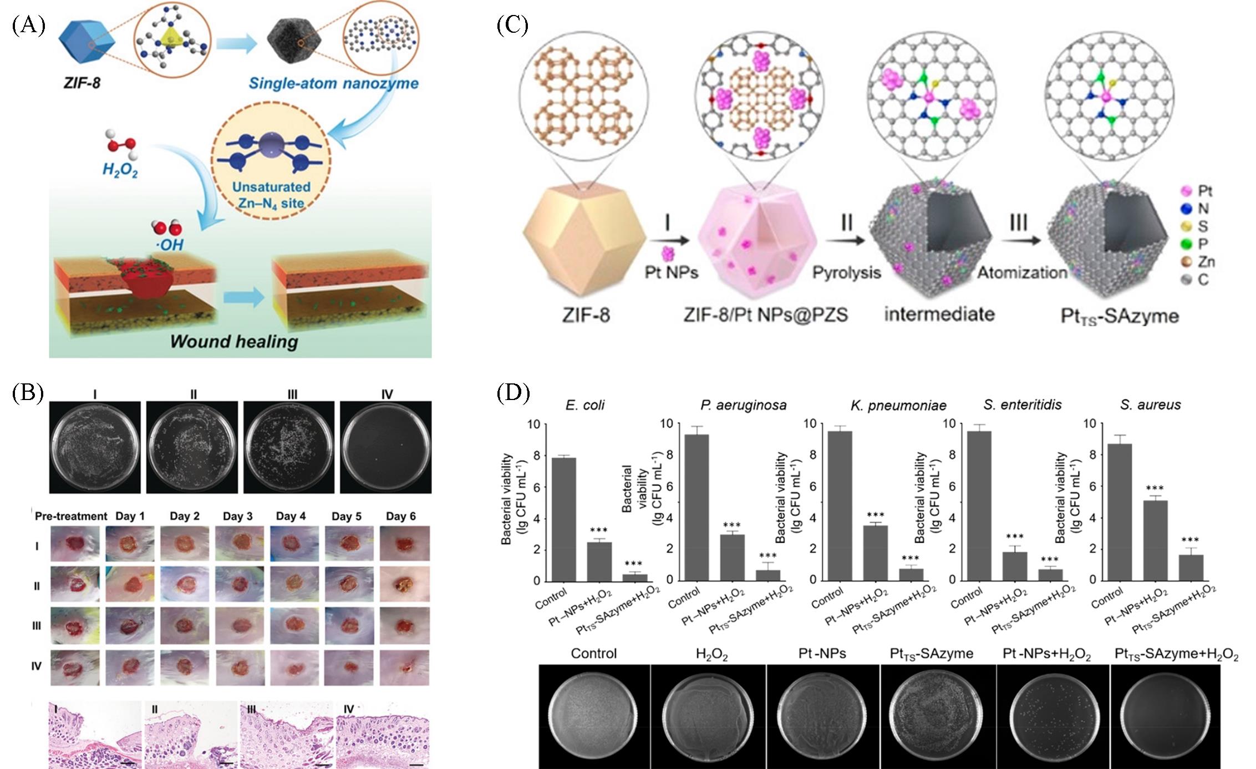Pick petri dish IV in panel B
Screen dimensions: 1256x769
386,447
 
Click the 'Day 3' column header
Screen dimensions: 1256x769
237,516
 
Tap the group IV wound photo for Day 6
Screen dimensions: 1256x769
405,667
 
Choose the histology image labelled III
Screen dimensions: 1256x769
287,734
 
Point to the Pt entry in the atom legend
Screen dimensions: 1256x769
1197,191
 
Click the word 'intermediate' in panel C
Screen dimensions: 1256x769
939,314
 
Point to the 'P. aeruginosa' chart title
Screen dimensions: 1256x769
743,405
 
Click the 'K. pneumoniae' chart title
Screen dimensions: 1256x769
898,405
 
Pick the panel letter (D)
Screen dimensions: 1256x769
513,393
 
